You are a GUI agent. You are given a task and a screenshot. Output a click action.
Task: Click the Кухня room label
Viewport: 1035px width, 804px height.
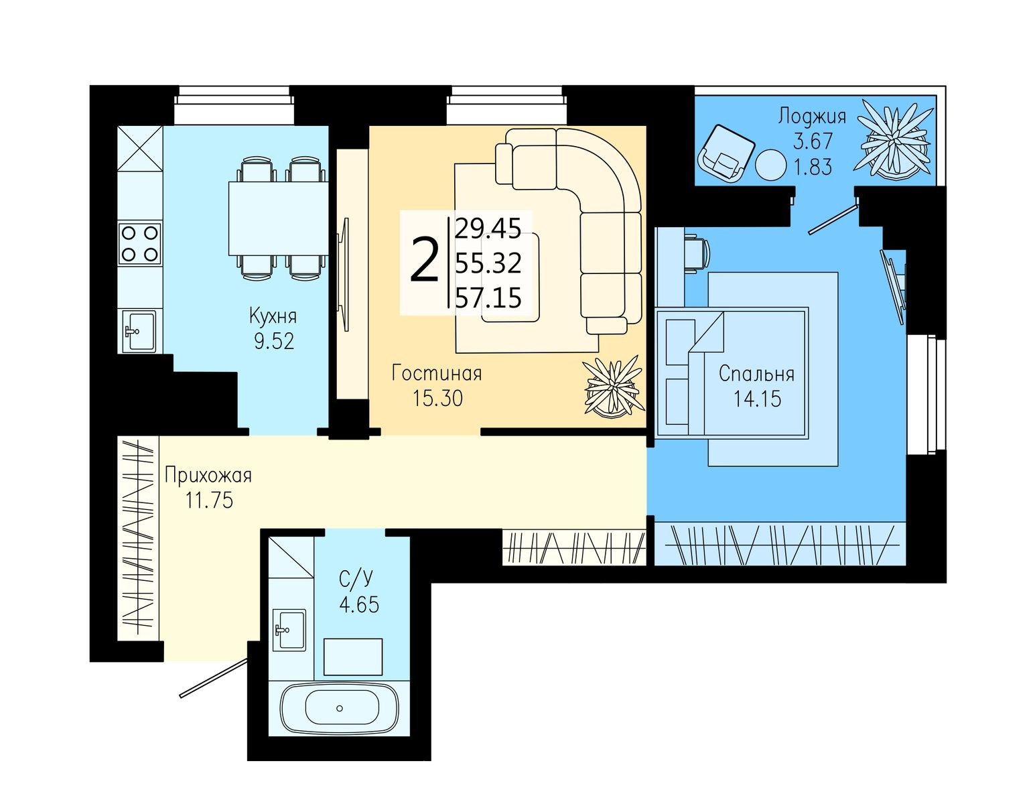click(273, 317)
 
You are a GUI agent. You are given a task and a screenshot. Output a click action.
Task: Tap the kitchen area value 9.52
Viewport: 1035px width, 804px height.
click(274, 341)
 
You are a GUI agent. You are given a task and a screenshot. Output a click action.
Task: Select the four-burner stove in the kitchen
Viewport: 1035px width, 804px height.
click(139, 243)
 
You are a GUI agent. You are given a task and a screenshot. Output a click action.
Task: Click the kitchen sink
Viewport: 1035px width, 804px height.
click(139, 331)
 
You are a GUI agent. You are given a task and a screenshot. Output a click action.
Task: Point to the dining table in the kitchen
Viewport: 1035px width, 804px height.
click(278, 218)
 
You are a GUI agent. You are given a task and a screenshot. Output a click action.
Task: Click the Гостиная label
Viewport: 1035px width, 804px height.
click(436, 373)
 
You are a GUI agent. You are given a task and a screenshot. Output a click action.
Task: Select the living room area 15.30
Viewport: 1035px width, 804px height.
click(437, 398)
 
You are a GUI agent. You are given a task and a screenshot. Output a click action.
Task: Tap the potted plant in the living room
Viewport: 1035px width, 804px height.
click(613, 387)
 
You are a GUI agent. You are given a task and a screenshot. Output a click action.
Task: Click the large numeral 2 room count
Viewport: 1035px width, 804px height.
click(423, 261)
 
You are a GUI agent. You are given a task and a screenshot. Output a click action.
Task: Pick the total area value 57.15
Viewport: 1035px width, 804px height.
click(488, 298)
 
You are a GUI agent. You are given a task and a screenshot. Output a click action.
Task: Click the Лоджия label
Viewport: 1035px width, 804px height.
click(812, 117)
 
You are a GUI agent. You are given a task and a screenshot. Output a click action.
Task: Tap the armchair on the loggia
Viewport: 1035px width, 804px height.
click(725, 154)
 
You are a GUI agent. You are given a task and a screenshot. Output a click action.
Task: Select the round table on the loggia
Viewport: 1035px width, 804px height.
click(770, 165)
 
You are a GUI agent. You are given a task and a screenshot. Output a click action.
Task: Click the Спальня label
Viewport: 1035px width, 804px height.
click(757, 374)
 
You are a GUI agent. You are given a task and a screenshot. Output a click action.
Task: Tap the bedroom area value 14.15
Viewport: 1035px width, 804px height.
click(757, 399)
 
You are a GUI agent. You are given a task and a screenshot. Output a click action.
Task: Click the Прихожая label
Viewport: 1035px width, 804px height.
click(208, 475)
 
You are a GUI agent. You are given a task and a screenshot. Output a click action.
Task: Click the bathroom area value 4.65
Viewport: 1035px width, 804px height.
click(359, 604)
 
